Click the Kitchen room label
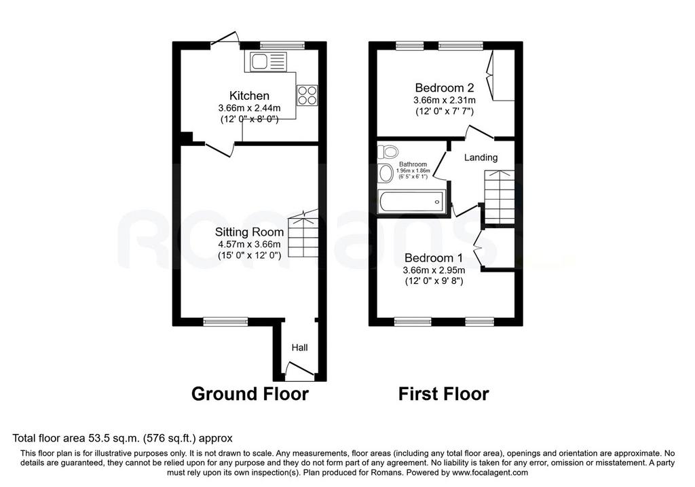tap(249, 95)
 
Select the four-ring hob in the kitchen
tap(307, 95)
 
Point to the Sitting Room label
tap(249, 232)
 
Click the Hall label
tap(299, 348)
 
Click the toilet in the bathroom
tap(388, 151)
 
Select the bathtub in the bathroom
tap(412, 202)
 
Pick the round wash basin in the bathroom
tap(386, 173)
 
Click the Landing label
tap(481, 158)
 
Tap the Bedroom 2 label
tap(445, 88)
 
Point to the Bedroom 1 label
tap(434, 258)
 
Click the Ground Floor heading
tap(250, 394)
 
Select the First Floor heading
tap(444, 394)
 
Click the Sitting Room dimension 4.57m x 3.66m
tap(250, 245)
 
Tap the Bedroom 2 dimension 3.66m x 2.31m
tap(445, 101)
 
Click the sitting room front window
tap(225, 321)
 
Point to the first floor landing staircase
tap(500, 198)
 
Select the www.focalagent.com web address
tap(490, 472)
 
